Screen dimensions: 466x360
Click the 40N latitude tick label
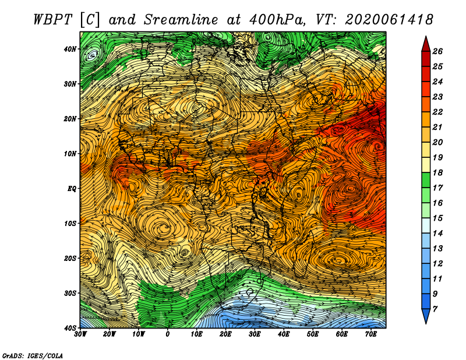(x=70, y=49)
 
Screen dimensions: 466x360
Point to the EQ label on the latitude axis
(x=72, y=189)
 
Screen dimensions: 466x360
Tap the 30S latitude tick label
(x=70, y=293)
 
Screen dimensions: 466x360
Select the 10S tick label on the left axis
(x=70, y=223)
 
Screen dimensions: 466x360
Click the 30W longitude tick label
(x=80, y=334)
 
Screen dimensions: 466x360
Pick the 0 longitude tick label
(x=168, y=334)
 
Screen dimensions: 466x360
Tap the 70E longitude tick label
(x=371, y=334)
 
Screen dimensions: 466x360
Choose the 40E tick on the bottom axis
(x=284, y=334)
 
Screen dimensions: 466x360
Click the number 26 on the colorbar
(x=437, y=51)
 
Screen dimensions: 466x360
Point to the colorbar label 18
(x=437, y=172)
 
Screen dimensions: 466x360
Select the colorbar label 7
(x=435, y=309)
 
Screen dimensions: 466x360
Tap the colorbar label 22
(x=437, y=112)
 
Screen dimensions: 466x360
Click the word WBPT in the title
(x=53, y=20)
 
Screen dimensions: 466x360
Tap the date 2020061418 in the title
(x=389, y=20)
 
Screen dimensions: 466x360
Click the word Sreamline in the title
(x=181, y=20)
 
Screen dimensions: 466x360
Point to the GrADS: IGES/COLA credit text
(x=33, y=355)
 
